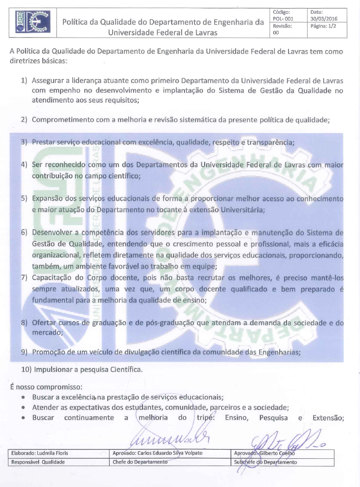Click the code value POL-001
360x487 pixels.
click(x=283, y=19)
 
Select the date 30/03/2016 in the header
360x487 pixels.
click(x=324, y=19)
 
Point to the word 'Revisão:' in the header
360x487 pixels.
click(x=283, y=26)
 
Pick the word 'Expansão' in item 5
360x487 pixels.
click(x=46, y=199)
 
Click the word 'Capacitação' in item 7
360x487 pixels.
click(x=51, y=278)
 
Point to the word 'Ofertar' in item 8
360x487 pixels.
click(x=43, y=323)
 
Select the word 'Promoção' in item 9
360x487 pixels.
click(x=47, y=352)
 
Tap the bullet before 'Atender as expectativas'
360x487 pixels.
click(x=24, y=407)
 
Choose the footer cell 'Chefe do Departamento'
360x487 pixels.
click(x=140, y=462)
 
